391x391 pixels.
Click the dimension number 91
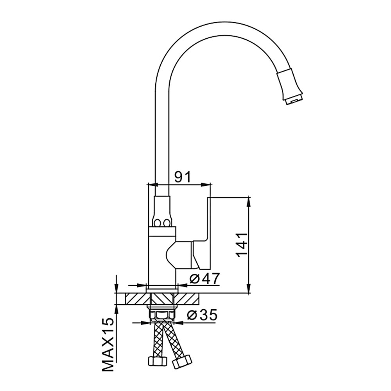point(182,177)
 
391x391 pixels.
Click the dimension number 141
point(241,246)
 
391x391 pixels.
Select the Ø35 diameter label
point(202,315)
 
